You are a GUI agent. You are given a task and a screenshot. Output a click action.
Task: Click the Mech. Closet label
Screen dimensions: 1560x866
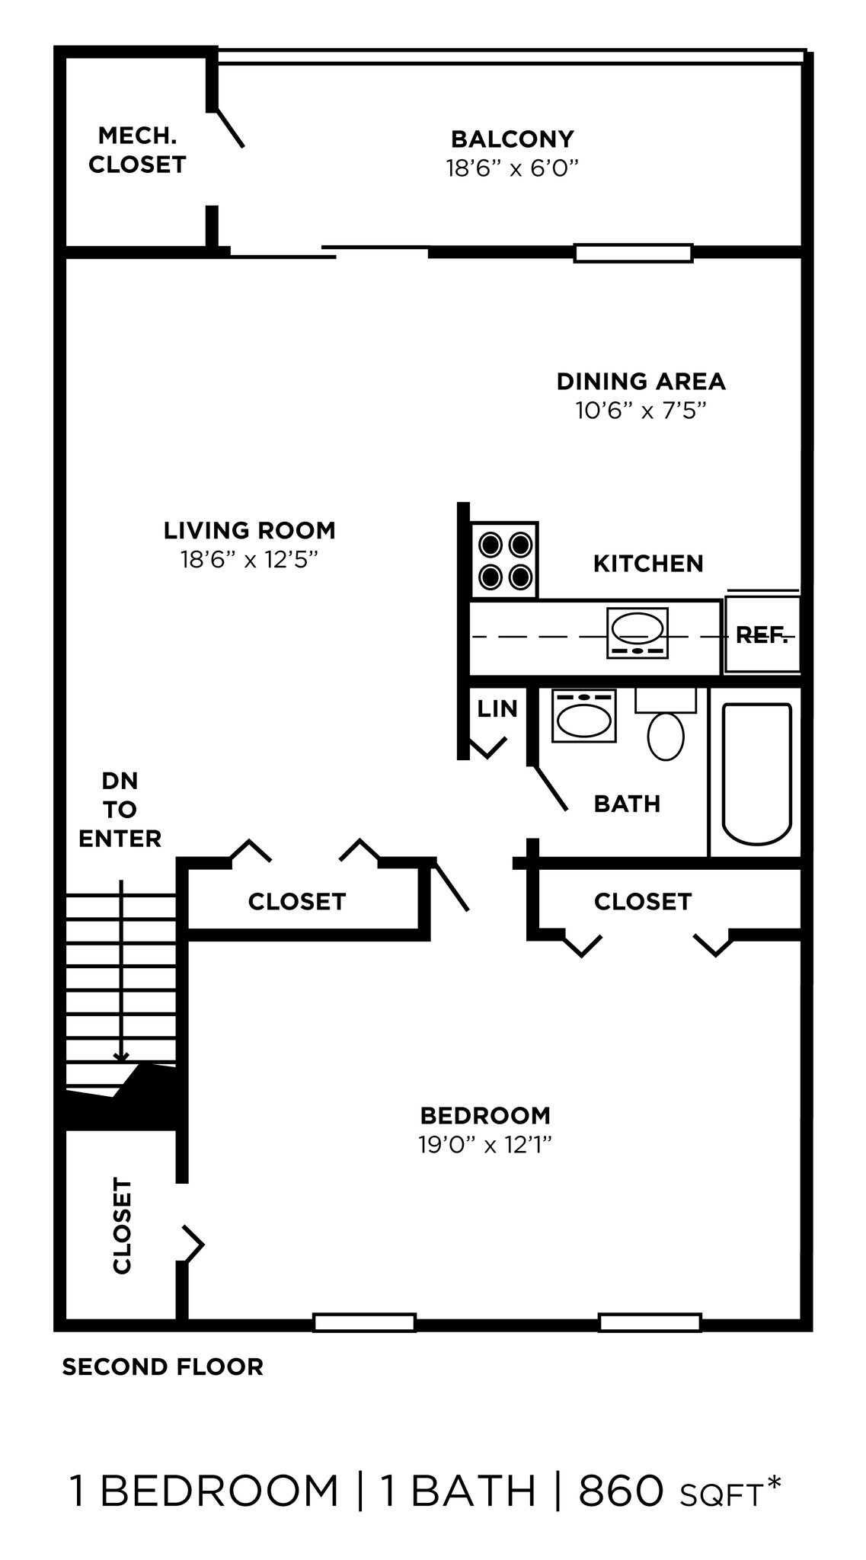point(137,150)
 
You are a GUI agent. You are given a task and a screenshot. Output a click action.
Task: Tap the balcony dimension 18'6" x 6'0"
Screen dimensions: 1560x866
point(512,168)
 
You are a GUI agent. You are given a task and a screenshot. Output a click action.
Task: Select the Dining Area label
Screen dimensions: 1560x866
point(641,381)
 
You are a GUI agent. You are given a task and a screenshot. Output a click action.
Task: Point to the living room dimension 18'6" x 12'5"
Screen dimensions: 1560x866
point(248,560)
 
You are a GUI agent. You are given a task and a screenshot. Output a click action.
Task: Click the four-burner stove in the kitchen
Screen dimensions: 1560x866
point(504,560)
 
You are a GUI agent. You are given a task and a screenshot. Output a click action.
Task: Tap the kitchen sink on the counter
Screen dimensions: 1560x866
point(638,633)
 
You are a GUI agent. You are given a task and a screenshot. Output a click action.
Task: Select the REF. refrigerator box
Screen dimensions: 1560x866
point(761,635)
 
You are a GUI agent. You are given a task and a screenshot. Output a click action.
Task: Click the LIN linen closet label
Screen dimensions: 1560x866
point(497,708)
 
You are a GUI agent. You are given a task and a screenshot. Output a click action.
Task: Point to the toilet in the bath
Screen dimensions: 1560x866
point(666,735)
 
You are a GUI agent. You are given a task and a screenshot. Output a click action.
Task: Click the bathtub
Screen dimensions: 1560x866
point(756,772)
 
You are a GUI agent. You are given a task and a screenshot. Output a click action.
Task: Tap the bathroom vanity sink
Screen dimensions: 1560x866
point(583,717)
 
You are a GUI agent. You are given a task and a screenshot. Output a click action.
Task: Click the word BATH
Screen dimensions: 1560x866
point(627,804)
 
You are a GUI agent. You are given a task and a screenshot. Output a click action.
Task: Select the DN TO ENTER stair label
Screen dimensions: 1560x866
point(120,810)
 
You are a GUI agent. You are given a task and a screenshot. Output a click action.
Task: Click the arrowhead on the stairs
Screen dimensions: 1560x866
point(121,1057)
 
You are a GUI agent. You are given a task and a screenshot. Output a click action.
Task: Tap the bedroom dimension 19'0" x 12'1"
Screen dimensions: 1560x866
point(484,1144)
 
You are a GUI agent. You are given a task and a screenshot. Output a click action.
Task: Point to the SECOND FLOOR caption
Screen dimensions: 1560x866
point(162,1367)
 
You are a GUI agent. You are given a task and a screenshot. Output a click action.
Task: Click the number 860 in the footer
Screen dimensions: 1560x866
point(621,1491)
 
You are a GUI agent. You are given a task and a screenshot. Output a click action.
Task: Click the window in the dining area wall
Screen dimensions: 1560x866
point(633,253)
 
